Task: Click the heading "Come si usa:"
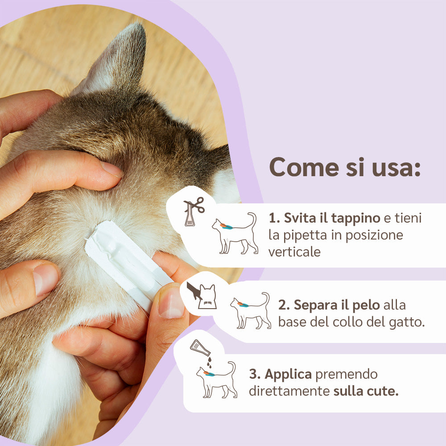click(345, 167)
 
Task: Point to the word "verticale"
click(294, 252)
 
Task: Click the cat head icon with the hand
click(202, 295)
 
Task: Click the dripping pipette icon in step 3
click(202, 351)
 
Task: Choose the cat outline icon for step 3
click(217, 380)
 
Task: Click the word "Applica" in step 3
click(288, 374)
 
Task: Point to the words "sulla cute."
click(366, 391)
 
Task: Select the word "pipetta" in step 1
click(306, 235)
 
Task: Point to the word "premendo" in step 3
click(347, 374)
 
